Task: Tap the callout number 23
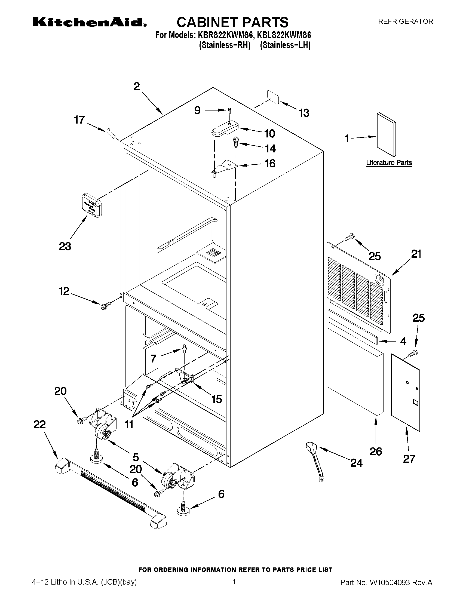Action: click(x=65, y=246)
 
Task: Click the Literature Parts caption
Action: click(x=389, y=163)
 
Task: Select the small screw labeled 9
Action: click(x=229, y=110)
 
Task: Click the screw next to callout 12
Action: click(x=105, y=304)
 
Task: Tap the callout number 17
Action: click(x=79, y=120)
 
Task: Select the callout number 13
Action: click(x=304, y=113)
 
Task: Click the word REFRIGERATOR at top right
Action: click(x=405, y=21)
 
